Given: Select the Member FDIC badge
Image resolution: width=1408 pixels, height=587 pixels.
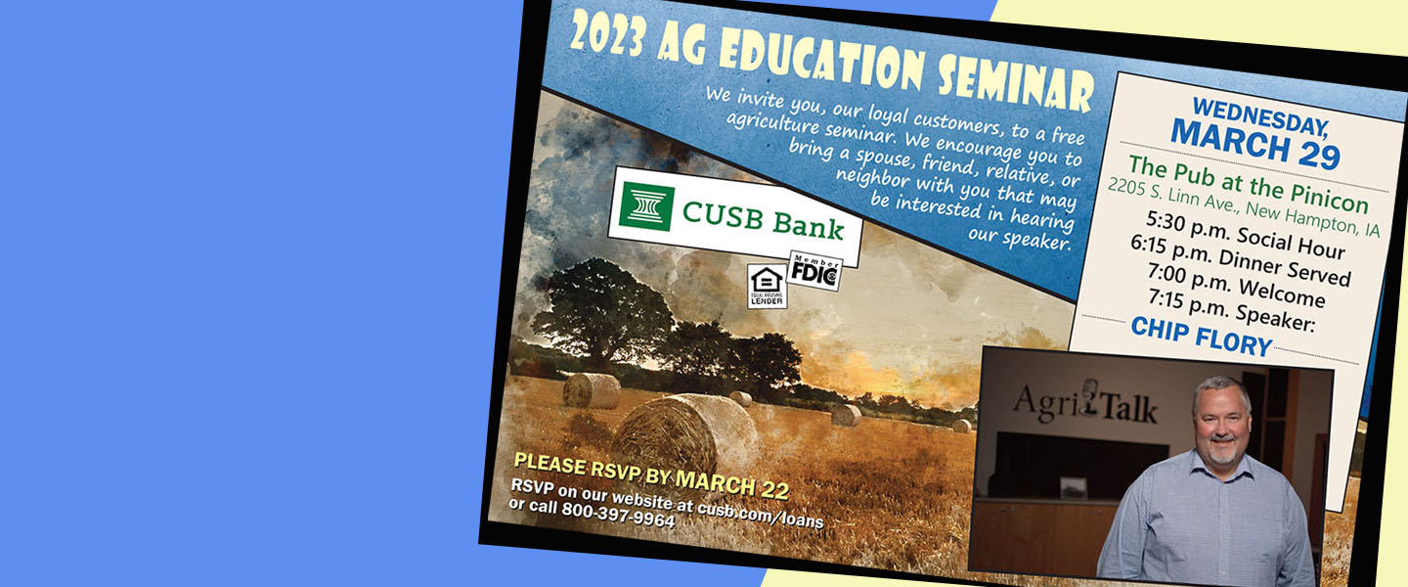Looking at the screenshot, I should click(x=815, y=271).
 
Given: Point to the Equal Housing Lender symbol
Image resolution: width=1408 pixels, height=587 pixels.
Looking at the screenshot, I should click(x=768, y=287).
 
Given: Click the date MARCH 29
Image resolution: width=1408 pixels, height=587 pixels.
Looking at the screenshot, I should click(x=1254, y=144).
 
